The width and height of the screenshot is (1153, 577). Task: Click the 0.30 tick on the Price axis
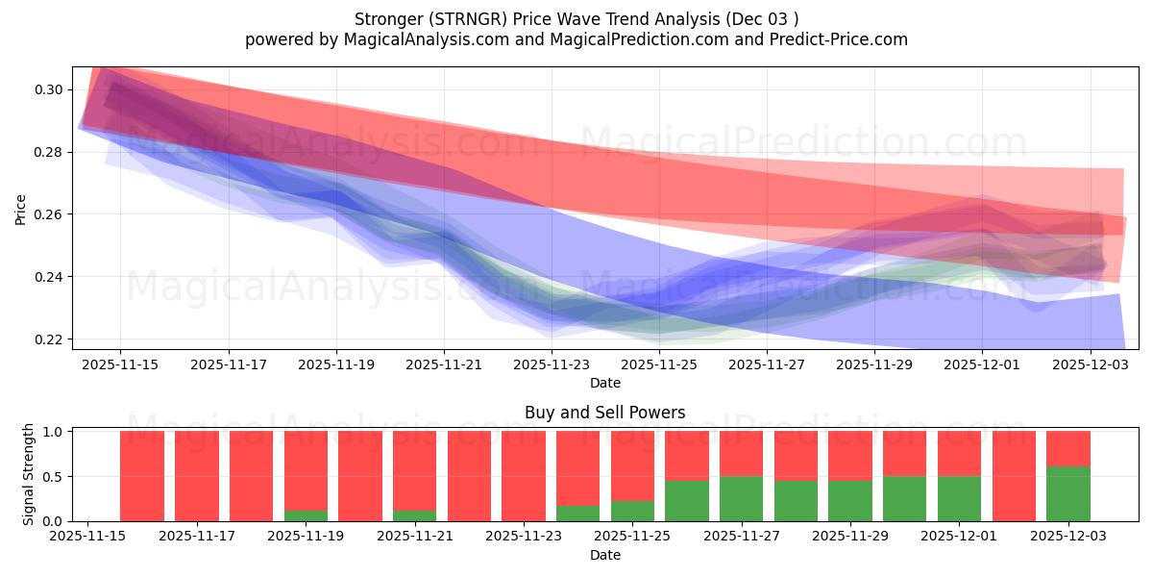pyautogui.click(x=49, y=89)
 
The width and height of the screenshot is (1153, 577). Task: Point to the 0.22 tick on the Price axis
pyautogui.click(x=49, y=339)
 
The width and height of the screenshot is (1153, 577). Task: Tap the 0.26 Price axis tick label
pyautogui.click(x=49, y=214)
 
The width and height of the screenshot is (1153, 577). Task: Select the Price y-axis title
pyautogui.click(x=20, y=209)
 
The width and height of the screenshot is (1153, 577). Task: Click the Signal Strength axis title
pyautogui.click(x=29, y=474)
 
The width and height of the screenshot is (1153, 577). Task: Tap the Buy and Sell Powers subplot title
pyautogui.click(x=604, y=413)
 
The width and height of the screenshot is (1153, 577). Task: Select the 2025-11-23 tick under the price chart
pyautogui.click(x=552, y=365)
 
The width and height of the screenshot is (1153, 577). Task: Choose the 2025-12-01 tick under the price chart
pyautogui.click(x=982, y=365)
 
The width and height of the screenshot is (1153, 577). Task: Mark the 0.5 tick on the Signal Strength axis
pyautogui.click(x=53, y=476)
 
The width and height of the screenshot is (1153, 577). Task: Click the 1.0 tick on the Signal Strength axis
pyautogui.click(x=53, y=432)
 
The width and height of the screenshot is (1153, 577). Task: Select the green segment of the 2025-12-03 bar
pyautogui.click(x=1068, y=493)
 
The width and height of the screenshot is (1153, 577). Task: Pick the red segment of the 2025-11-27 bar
pyautogui.click(x=741, y=453)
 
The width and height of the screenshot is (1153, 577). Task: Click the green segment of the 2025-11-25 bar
pyautogui.click(x=632, y=511)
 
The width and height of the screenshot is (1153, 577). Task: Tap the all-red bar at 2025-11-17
pyautogui.click(x=196, y=476)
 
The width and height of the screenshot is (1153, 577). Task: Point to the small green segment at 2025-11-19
pyautogui.click(x=306, y=515)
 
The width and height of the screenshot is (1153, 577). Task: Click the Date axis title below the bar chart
pyautogui.click(x=604, y=555)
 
